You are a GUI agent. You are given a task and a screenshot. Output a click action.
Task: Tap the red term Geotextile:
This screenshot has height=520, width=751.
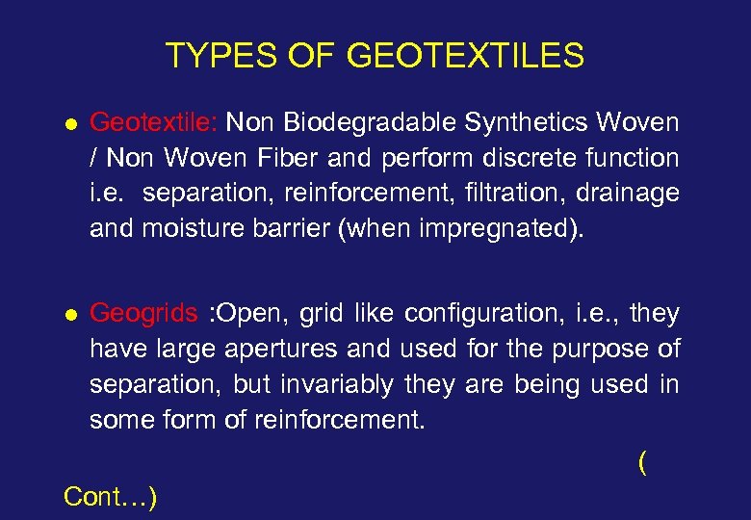pos(155,122)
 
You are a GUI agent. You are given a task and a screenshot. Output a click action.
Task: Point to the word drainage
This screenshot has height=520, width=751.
pos(628,194)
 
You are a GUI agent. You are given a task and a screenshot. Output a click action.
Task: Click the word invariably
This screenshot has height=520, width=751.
pos(336,385)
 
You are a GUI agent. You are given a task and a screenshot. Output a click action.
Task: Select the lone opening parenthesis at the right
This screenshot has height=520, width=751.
pos(642,463)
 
